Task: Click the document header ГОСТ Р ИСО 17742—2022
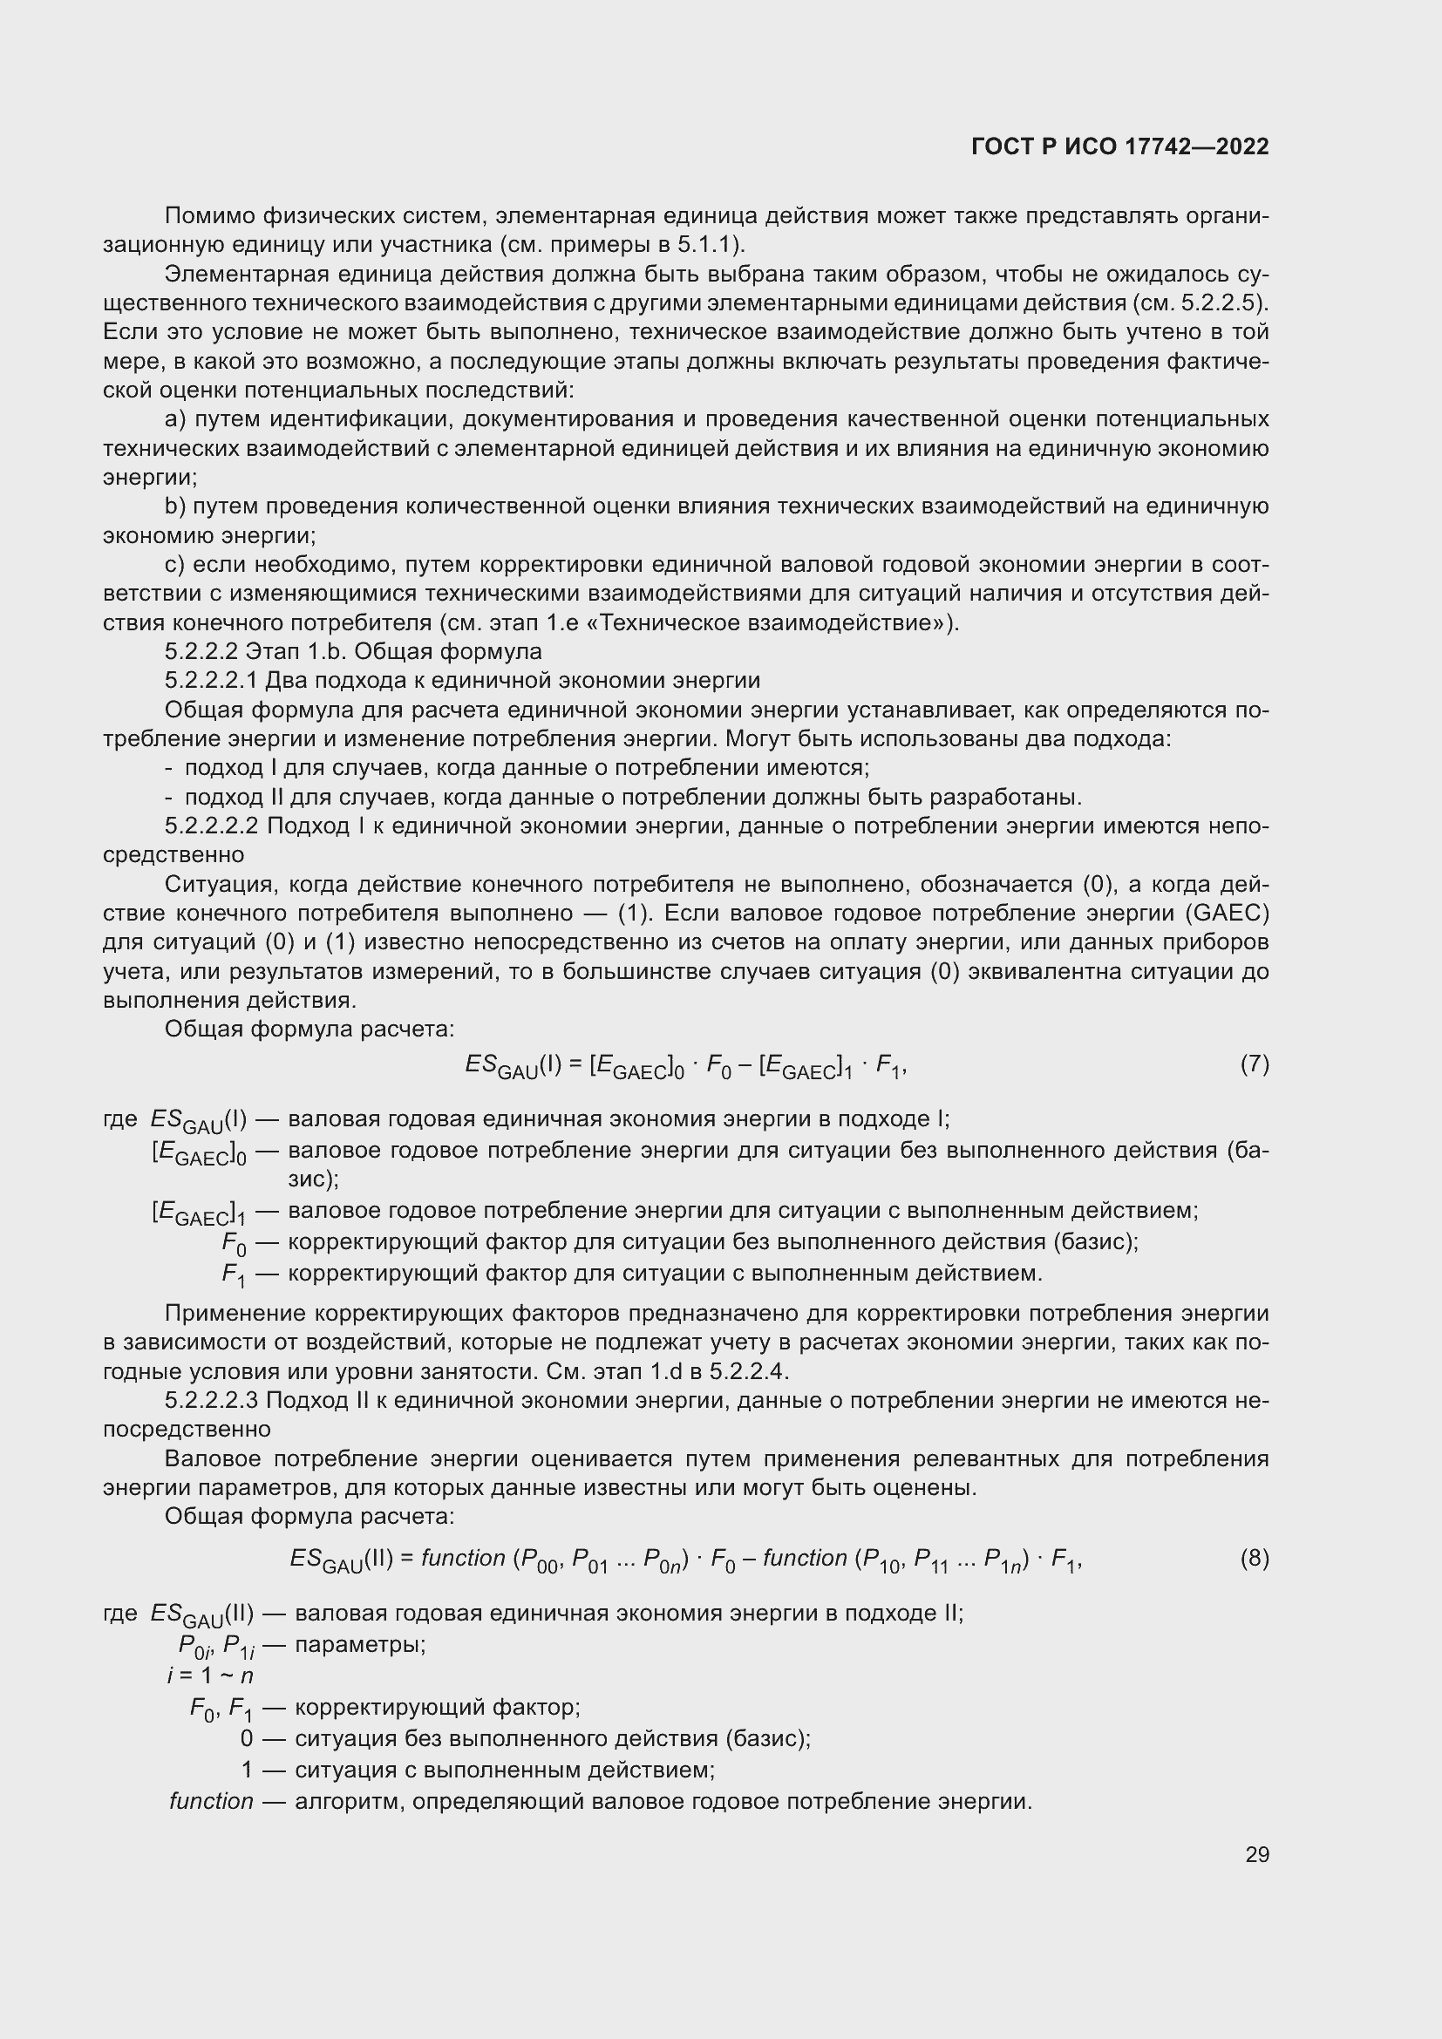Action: point(1119,146)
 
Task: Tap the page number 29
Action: point(1256,1854)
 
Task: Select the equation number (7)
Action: point(1254,1063)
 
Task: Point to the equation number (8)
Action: point(1254,1558)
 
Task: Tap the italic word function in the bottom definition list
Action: point(211,1801)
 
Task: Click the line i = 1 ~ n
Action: point(209,1675)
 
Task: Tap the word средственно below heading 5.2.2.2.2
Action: point(173,855)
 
